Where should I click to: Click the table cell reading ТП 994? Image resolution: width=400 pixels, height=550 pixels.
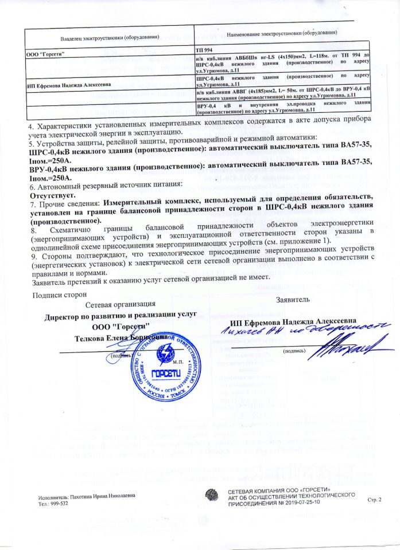204,52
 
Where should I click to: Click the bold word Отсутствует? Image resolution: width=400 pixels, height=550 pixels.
49,194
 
